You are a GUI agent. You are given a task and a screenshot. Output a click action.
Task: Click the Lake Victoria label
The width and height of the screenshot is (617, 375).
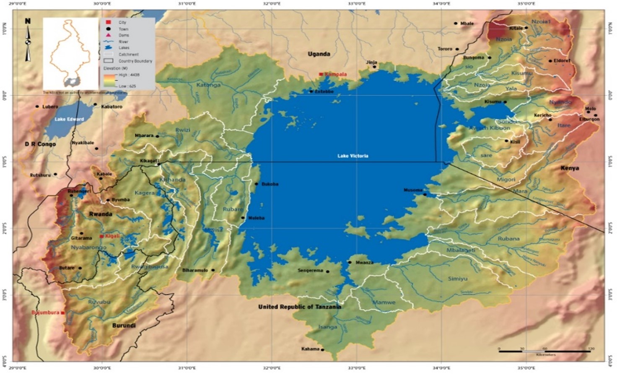(353, 156)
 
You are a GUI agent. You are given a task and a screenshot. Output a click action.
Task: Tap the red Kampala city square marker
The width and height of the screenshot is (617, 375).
(321, 74)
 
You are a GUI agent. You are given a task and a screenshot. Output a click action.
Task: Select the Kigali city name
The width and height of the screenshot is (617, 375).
(112, 236)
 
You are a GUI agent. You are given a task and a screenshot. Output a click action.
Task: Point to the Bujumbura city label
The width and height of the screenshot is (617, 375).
(45, 312)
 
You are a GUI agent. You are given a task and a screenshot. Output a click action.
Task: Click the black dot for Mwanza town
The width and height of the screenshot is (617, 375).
(350, 262)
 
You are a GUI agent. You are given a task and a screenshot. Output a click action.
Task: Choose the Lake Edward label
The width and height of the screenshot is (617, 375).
(69, 119)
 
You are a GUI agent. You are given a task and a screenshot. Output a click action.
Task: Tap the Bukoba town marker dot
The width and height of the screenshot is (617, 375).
(257, 184)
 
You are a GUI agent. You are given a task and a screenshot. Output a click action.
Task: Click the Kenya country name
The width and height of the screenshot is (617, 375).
(570, 168)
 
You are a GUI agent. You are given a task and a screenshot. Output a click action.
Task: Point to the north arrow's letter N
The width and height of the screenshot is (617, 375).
(28, 21)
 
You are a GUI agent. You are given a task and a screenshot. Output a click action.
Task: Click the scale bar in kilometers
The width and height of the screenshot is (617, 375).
(544, 351)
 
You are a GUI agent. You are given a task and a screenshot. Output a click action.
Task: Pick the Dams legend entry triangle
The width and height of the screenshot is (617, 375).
(108, 35)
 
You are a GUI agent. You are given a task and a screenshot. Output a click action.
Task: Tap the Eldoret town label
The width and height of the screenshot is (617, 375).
(562, 61)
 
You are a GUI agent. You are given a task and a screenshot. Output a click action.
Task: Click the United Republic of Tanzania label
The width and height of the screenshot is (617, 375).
(299, 307)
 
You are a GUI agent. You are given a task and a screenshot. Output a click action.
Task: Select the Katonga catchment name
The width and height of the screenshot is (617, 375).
(208, 85)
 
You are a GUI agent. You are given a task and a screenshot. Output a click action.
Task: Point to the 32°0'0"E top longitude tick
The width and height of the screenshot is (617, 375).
(272, 3)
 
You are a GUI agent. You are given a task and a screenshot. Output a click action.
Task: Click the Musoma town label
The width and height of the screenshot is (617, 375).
(413, 190)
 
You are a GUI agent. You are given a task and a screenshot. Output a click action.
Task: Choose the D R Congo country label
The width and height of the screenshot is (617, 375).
(40, 144)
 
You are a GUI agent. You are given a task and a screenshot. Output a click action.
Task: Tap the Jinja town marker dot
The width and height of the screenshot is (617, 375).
(375, 67)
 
